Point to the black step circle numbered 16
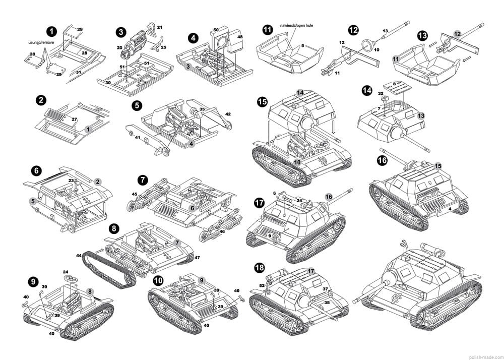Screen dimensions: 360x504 click(x=382, y=161)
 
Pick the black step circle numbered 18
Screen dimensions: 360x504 click(x=260, y=268)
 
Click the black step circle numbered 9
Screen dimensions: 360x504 click(x=33, y=281)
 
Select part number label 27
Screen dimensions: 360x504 click(x=74, y=119)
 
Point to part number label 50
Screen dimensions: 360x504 click(x=216, y=30)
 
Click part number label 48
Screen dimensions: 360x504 click(x=240, y=37)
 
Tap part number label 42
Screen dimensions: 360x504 click(x=228, y=114)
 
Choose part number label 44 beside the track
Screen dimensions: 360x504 click(x=79, y=256)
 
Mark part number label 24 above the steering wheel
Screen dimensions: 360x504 click(x=66, y=272)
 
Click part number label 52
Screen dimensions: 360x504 click(x=262, y=286)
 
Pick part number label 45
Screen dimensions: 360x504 click(x=134, y=194)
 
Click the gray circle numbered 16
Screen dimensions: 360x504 click(x=329, y=197)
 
